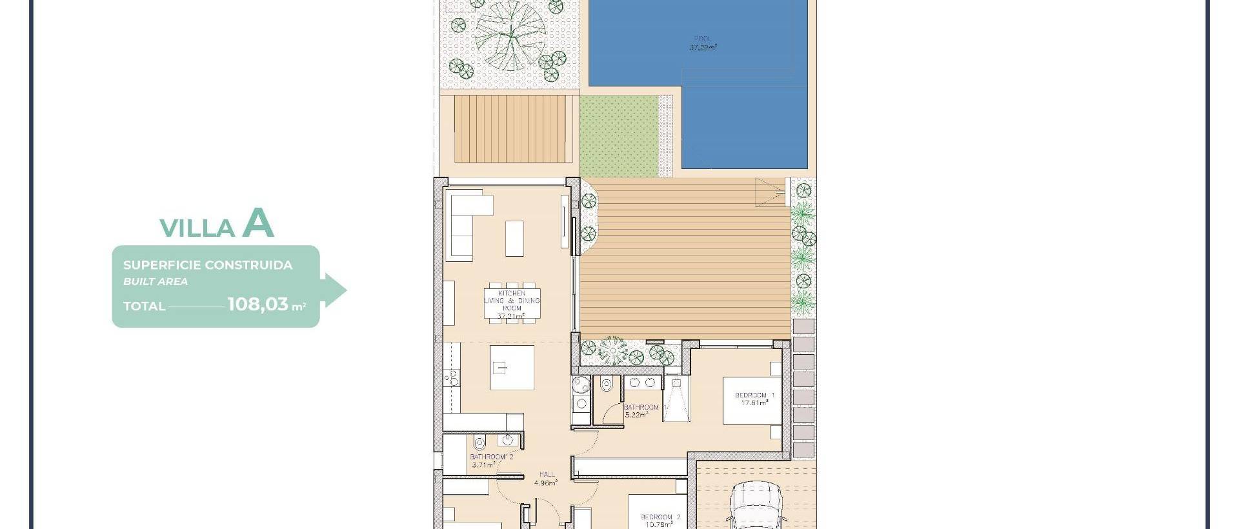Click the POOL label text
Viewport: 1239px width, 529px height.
click(x=703, y=39)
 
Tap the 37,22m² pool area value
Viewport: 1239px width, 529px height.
click(x=703, y=48)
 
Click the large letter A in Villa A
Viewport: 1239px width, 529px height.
click(x=258, y=224)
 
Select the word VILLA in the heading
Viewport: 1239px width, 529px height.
click(x=197, y=228)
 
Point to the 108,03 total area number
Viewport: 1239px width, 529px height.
click(x=257, y=304)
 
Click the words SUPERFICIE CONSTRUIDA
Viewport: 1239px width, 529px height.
click(x=208, y=265)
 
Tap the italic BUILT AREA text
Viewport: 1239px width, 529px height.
click(x=156, y=281)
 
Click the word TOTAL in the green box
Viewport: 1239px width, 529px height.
click(x=145, y=306)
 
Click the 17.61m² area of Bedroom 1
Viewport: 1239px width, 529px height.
click(x=754, y=403)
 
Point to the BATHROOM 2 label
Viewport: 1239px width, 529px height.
click(x=492, y=457)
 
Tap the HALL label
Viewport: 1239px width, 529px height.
click(x=547, y=474)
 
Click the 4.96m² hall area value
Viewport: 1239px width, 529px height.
click(x=546, y=482)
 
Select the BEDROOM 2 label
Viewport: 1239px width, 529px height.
click(x=660, y=517)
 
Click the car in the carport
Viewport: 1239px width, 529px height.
click(x=755, y=510)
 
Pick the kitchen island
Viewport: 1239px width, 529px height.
click(x=512, y=368)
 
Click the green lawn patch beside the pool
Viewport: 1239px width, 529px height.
click(x=619, y=136)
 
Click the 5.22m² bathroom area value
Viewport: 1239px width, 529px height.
click(x=636, y=415)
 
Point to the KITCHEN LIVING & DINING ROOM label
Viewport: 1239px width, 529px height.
click(x=512, y=301)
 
